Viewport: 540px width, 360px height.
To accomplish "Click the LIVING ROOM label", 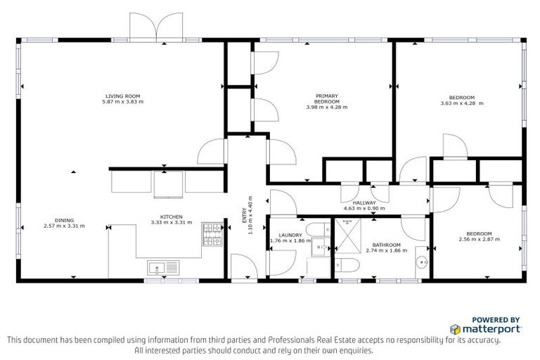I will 123,96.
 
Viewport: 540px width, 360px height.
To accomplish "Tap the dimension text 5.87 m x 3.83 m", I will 123,102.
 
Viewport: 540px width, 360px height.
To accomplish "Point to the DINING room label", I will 64,220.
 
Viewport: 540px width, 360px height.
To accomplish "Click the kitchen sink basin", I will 157,267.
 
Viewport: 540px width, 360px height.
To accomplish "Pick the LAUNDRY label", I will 290,236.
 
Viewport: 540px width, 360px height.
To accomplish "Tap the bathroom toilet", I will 347,266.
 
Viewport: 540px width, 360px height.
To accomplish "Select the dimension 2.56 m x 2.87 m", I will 478,240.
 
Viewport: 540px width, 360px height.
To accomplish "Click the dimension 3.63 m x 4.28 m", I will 462,103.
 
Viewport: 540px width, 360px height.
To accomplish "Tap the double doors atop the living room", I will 157,27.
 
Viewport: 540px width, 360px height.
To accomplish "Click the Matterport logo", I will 485,328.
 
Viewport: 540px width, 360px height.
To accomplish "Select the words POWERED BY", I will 496,319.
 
